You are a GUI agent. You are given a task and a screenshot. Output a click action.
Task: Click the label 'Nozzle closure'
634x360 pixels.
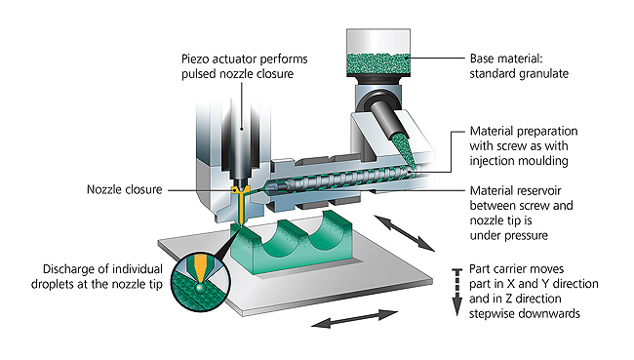coord(125,189)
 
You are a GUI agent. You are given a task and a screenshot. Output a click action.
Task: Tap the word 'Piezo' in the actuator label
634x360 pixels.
coord(195,60)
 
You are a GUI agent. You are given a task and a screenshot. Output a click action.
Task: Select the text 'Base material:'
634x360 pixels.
coord(506,59)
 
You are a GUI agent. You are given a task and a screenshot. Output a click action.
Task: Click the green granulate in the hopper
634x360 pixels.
coord(378,64)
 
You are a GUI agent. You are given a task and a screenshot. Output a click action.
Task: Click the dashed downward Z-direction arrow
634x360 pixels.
coord(456,292)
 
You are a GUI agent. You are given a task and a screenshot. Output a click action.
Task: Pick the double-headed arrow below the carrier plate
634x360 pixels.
coord(355,318)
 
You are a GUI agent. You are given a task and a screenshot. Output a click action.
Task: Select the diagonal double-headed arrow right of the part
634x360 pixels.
coord(405,233)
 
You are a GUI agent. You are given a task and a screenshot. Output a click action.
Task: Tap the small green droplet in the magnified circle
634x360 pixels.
coord(199,288)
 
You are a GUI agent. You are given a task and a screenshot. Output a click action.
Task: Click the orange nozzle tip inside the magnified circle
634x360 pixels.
coord(200,268)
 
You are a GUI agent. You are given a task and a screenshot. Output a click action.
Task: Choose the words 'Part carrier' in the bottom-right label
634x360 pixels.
coord(501,269)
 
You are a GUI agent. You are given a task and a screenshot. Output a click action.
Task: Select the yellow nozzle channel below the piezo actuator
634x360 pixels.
coord(240,205)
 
